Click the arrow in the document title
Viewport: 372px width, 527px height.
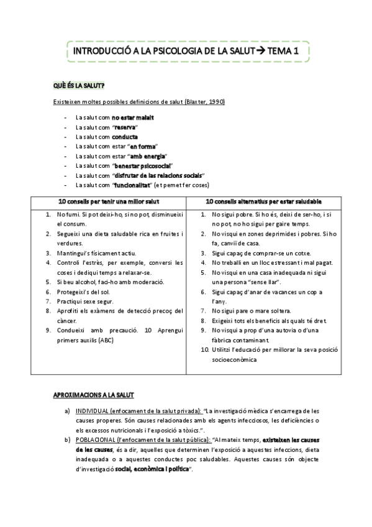(259, 52)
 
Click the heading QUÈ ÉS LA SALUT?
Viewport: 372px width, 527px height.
(79, 85)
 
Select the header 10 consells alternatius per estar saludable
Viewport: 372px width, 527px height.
(263, 202)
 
